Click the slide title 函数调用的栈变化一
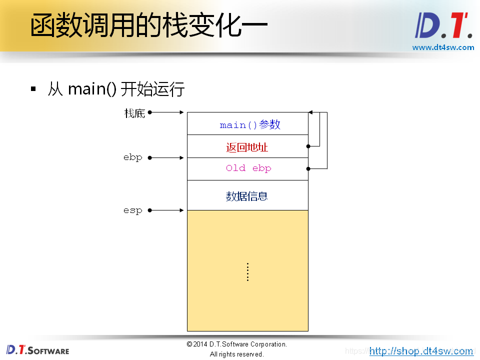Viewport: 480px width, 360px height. [x=148, y=25]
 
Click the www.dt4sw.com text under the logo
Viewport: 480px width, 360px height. [x=443, y=47]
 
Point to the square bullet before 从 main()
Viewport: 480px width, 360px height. [x=33, y=89]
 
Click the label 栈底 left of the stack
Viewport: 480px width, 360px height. [x=134, y=113]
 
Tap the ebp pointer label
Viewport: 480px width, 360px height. [x=133, y=157]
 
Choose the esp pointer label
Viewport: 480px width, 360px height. [x=133, y=210]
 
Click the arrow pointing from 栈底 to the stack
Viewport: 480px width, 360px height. [x=167, y=112]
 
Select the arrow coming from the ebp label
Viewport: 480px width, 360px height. [x=167, y=157]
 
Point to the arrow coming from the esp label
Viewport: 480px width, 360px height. [x=167, y=210]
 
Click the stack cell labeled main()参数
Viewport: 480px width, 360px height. [x=250, y=124]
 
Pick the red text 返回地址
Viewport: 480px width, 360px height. [x=247, y=147]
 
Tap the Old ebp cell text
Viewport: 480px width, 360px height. [x=248, y=168]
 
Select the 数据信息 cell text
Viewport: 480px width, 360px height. [x=247, y=196]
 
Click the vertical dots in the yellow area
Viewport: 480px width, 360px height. [x=247, y=272]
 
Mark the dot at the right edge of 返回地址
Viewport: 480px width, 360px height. [x=308, y=146]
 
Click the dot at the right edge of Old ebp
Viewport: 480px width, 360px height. [x=308, y=168]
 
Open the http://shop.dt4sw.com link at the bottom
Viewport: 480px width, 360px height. [x=421, y=351]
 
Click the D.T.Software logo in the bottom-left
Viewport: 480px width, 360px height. [x=38, y=349]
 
